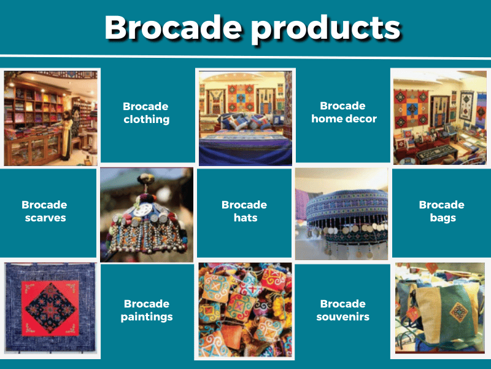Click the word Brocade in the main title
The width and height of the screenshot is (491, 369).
173,27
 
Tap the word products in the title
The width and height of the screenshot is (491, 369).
326,29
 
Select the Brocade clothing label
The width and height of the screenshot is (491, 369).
146,113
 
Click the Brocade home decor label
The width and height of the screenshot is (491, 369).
344,113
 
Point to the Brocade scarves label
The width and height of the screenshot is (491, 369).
44,211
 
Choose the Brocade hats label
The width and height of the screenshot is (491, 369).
244,211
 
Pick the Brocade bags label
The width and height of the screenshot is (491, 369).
442,211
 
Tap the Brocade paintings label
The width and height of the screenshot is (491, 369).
147,311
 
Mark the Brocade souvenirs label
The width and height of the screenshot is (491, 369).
343,310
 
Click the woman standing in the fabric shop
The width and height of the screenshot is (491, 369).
66,135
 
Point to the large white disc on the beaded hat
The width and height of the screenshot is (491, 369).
145,209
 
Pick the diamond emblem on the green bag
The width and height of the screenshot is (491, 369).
458,312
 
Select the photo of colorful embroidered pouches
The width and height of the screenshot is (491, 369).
245,310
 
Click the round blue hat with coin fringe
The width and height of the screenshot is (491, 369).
347,216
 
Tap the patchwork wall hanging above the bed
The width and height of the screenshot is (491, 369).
241,98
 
